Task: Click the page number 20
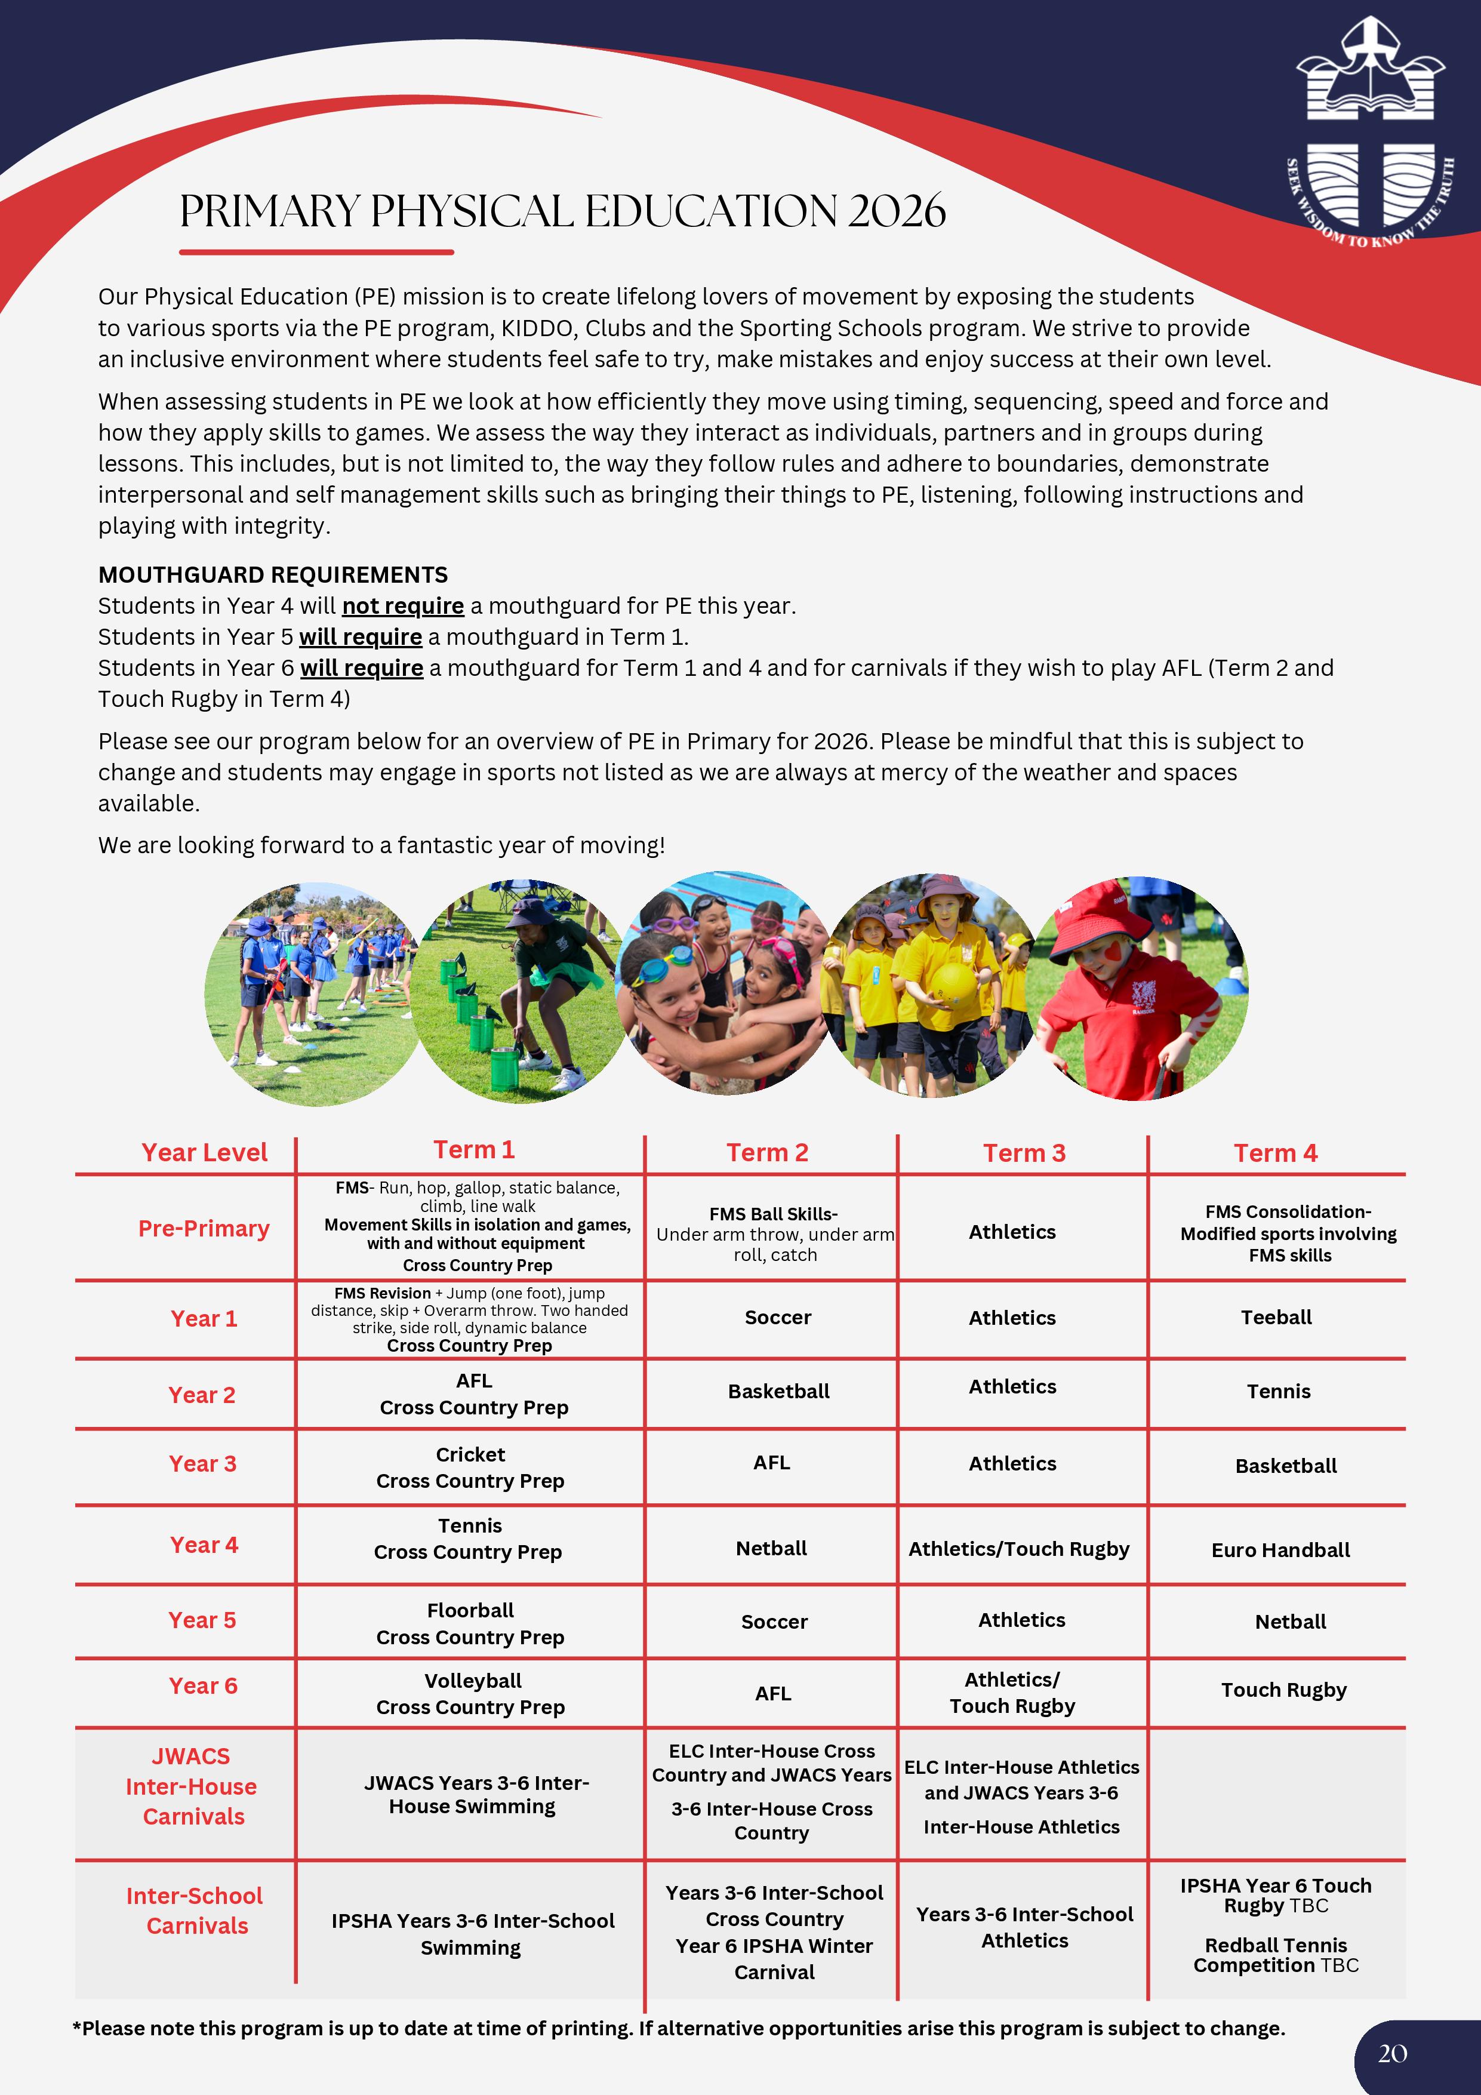pos(1393,2053)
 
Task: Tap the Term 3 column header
pos(1024,1153)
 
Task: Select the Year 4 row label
pos(204,1545)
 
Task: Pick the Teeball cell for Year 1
pos(1276,1318)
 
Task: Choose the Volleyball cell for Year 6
pos(473,1681)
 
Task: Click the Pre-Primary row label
pos(204,1229)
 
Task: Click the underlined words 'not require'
pos(402,606)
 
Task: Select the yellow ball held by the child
pos(953,986)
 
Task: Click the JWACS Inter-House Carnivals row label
pos(193,1786)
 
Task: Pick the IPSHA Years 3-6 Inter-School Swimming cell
pos(472,1933)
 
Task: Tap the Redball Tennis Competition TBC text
pos(1276,1955)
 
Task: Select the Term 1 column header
pos(473,1150)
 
